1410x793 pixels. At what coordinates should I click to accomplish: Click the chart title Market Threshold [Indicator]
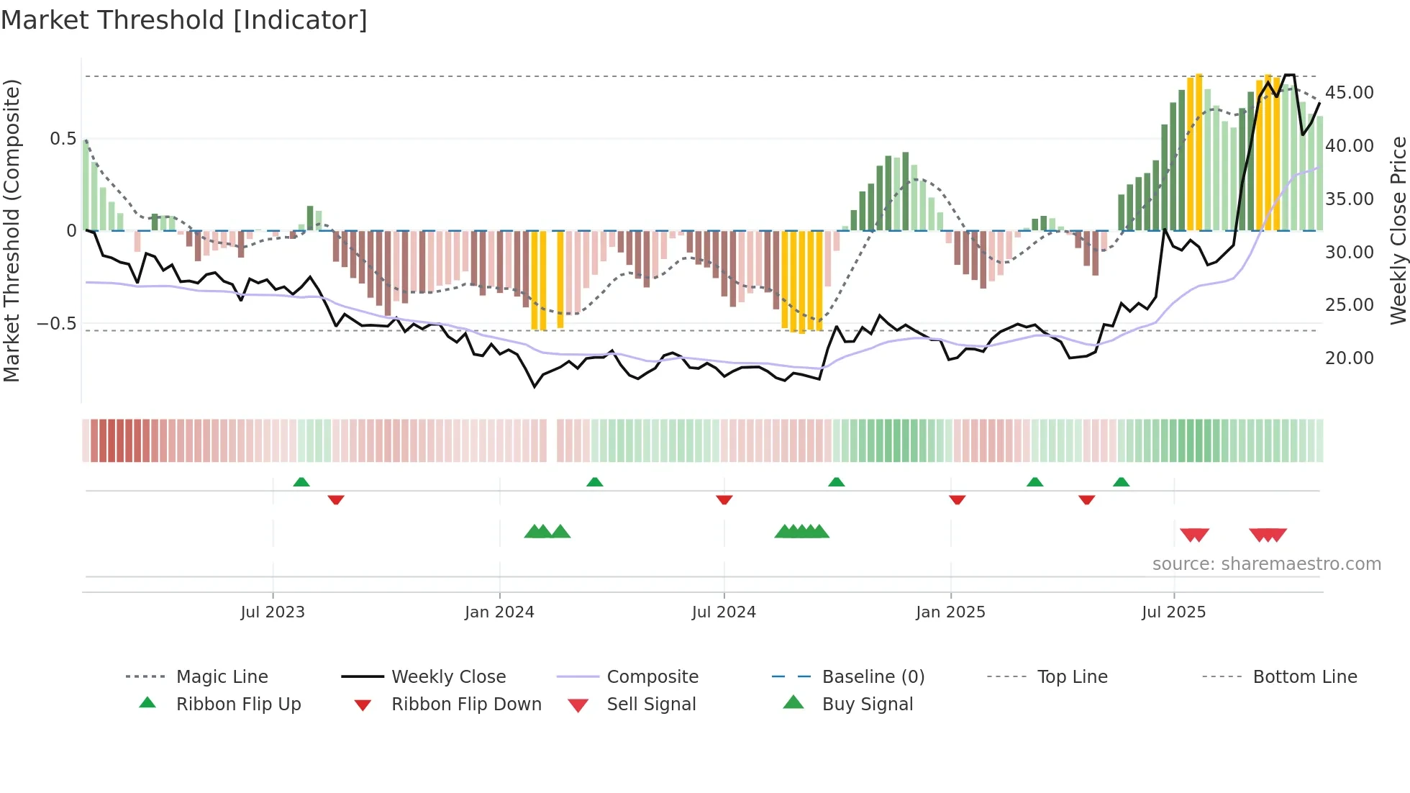click(184, 20)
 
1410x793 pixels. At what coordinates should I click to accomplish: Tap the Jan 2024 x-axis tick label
click(499, 612)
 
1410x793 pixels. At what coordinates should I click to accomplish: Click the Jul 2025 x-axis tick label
click(1173, 612)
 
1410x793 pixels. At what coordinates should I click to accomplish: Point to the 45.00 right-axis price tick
click(1349, 92)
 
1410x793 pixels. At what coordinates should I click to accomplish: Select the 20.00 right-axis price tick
click(1349, 358)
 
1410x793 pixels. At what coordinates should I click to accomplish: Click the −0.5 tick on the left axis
click(56, 323)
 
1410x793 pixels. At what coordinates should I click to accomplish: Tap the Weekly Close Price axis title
click(1397, 230)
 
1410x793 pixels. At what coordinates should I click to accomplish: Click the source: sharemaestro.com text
click(1266, 563)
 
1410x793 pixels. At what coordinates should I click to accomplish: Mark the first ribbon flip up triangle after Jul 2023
click(301, 482)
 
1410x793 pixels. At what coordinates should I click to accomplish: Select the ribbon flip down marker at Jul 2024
click(724, 499)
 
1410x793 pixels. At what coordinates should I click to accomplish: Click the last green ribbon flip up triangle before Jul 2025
click(1121, 482)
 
